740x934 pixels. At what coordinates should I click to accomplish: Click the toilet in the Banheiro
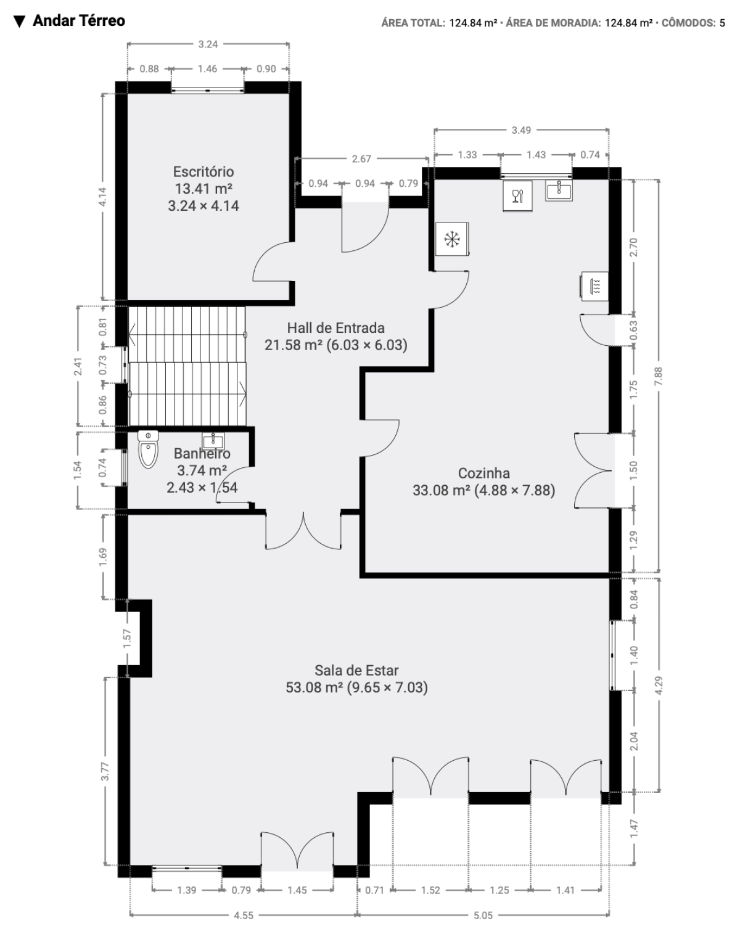point(148,449)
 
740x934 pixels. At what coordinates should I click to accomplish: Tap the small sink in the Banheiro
point(213,441)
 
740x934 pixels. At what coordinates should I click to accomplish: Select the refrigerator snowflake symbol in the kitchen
point(452,239)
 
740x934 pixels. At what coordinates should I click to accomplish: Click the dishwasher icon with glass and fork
point(517,196)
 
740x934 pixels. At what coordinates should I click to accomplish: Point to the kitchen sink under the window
point(559,190)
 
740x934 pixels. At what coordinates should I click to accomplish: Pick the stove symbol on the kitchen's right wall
point(594,286)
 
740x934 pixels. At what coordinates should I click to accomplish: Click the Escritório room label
point(203,172)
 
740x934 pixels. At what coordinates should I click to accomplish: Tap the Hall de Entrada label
point(336,328)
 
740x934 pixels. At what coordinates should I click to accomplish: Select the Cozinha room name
point(484,473)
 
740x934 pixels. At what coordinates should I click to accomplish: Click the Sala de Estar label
point(356,671)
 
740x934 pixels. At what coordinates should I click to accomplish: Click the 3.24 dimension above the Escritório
point(208,44)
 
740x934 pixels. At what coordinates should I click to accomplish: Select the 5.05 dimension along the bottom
point(483,916)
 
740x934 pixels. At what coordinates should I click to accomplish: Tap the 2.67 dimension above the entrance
point(361,159)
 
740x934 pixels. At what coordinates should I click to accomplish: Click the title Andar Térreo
point(78,21)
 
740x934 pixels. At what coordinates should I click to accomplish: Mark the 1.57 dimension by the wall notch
point(127,639)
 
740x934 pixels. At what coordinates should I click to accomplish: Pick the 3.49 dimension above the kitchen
point(521,130)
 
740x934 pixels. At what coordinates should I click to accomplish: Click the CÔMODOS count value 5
point(722,23)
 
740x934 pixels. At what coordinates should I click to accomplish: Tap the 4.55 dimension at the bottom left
point(244,916)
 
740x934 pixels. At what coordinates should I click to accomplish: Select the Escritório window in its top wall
point(208,90)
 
